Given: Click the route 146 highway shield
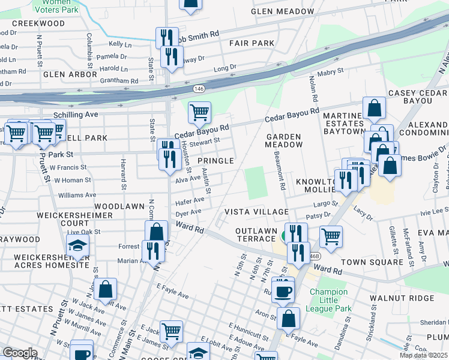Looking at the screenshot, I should [x=199, y=88].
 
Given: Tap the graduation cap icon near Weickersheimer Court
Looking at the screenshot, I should [x=77, y=245].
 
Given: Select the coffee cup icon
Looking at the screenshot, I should [x=283, y=290].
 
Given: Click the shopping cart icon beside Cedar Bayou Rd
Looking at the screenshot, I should [x=199, y=112].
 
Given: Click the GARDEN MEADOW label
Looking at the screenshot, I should [x=284, y=141].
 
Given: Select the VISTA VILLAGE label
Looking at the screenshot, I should [x=257, y=212].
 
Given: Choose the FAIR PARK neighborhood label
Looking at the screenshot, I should [x=252, y=43].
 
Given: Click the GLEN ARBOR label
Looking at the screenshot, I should [x=62, y=74].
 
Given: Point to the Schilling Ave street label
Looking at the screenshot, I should [x=76, y=114].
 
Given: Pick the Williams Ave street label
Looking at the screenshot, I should [x=77, y=195].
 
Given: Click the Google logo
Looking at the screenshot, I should [x=20, y=353].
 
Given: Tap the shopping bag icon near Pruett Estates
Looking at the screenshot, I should [x=106, y=290].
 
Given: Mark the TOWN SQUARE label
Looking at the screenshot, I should [x=372, y=262].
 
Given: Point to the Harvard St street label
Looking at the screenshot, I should [x=122, y=170].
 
